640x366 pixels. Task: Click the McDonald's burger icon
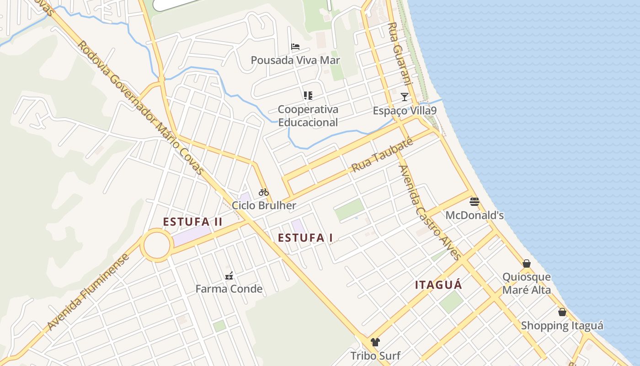pos(474,201)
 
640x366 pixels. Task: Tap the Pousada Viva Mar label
pos(295,60)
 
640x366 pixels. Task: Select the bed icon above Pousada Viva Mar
pos(295,47)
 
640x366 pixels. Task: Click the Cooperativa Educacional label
pos(308,116)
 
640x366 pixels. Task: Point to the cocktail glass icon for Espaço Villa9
pos(405,97)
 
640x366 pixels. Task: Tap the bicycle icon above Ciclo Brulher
pos(264,192)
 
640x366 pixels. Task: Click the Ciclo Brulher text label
pos(264,205)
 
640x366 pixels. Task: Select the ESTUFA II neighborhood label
pos(192,222)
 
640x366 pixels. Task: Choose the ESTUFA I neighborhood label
pos(305,238)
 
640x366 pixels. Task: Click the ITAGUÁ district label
pos(438,285)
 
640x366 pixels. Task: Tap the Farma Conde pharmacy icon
pos(229,276)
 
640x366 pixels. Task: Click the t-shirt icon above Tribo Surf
pos(375,342)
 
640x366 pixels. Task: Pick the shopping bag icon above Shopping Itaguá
pos(562,312)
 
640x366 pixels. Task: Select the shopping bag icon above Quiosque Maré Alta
pos(527,264)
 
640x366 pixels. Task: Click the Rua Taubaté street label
pos(382,156)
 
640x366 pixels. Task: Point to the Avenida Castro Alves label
pos(429,213)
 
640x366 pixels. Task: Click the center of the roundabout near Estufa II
pos(157,246)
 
